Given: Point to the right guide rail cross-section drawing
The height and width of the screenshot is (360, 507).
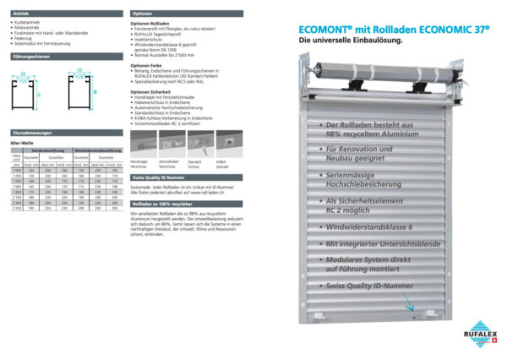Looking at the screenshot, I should pyautogui.click(x=80, y=88).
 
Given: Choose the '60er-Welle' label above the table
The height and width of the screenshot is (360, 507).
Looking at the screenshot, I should pyautogui.click(x=22, y=145).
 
